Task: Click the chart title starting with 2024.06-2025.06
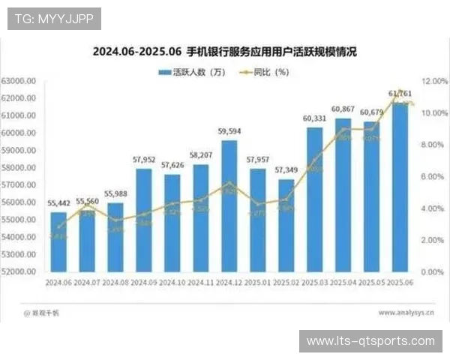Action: pos(225,52)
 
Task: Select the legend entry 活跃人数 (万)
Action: pos(191,73)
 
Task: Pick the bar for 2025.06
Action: pos(400,187)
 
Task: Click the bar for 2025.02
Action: pos(286,225)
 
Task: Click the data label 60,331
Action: pos(314,118)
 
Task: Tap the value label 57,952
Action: pos(144,160)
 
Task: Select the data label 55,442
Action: pos(58,203)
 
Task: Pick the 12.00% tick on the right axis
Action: pos(435,81)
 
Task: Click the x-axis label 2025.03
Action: pos(314,283)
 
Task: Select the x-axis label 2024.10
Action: pos(172,283)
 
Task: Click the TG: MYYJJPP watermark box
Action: pos(54,18)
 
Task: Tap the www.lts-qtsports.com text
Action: pos(370,341)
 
